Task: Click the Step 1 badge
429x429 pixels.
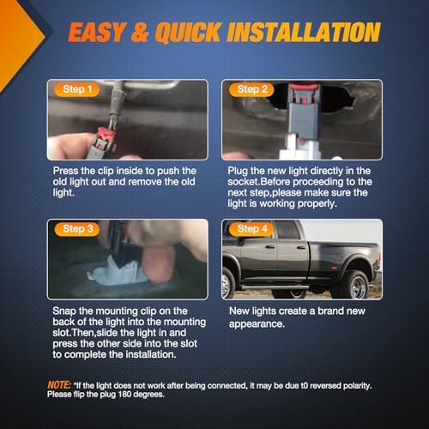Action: pyautogui.click(x=77, y=89)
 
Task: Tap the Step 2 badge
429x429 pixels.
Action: pyautogui.click(x=251, y=89)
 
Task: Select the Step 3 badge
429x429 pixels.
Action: pyautogui.click(x=77, y=229)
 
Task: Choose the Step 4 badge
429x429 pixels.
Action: pyautogui.click(x=251, y=229)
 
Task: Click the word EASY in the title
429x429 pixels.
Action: pyautogui.click(x=97, y=32)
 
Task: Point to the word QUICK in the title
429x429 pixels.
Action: pyautogui.click(x=189, y=33)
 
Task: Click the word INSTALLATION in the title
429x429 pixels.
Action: pyautogui.click(x=304, y=32)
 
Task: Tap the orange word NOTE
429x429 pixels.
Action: pyautogui.click(x=59, y=385)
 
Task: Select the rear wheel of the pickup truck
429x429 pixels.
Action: pyautogui.click(x=354, y=286)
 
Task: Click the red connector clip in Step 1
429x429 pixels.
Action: pyautogui.click(x=106, y=138)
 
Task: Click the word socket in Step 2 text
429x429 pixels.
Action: pyautogui.click(x=243, y=182)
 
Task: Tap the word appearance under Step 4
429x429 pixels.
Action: pyautogui.click(x=256, y=324)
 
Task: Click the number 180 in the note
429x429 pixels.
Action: pyautogui.click(x=124, y=395)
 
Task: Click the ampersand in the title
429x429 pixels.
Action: pyautogui.click(x=140, y=33)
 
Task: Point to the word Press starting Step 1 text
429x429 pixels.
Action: pyautogui.click(x=66, y=171)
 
